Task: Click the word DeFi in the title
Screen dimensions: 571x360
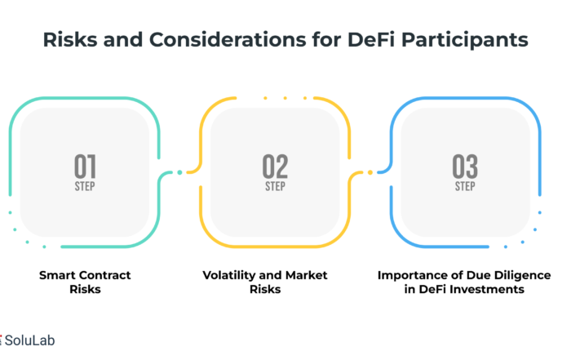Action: coord(371,39)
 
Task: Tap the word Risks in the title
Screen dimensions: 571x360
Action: coord(70,39)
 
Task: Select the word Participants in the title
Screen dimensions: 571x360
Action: coord(465,40)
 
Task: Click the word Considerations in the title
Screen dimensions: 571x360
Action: coord(228,39)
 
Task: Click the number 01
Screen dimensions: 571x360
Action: coord(85,167)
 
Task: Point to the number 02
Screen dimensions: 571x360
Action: coord(275,167)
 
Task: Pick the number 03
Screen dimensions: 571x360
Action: coord(465,167)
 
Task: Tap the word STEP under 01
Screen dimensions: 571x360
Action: coord(85,187)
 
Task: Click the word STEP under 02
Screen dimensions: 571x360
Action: coord(275,187)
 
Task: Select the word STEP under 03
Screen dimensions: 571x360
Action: coord(465,187)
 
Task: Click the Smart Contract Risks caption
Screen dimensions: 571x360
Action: coord(85,282)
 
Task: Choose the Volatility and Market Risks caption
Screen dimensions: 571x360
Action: coord(265,282)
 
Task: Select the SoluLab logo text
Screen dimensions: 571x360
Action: coord(29,340)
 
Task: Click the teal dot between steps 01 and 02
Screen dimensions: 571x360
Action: coord(179,172)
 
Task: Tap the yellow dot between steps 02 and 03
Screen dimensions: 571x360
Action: coord(370,172)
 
